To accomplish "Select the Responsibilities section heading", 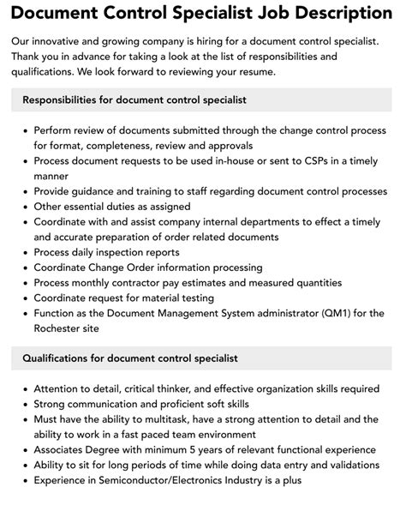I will tap(134, 100).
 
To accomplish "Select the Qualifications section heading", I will tap(129, 358).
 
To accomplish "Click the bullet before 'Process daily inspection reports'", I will tap(22, 252).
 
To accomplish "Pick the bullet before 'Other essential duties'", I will tap(22, 207).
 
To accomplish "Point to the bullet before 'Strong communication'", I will tap(22, 403).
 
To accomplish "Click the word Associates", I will tap(62, 449).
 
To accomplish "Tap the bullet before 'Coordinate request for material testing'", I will tap(22, 298).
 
